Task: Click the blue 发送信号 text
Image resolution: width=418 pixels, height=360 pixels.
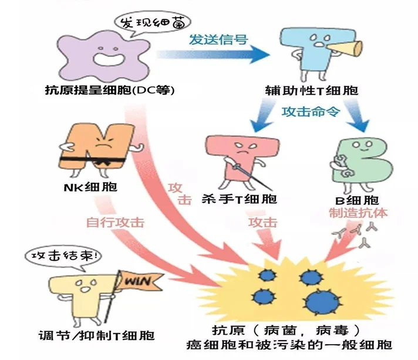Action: [218, 40]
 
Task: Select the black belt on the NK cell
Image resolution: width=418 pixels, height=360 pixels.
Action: [94, 156]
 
